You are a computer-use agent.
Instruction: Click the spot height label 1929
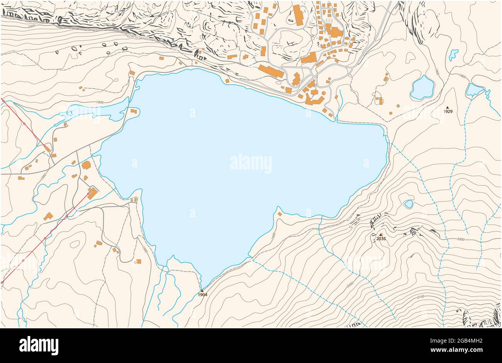448,111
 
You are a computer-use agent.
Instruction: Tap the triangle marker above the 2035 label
380,234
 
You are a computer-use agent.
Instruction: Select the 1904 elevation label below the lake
202,295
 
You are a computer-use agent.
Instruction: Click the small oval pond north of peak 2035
408,203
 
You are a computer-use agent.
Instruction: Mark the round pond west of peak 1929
422,87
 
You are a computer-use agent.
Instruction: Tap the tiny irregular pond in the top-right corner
453,54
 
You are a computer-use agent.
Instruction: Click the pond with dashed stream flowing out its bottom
473,90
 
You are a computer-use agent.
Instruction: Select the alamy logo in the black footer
39,345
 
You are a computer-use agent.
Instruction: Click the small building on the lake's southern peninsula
279,214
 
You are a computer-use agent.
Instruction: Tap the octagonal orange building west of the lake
86,165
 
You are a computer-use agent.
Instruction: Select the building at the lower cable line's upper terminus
92,193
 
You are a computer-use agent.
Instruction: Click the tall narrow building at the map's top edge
298,15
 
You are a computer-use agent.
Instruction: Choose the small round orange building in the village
324,93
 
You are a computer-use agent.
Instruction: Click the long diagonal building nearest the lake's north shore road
271,71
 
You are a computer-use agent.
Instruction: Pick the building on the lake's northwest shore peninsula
134,111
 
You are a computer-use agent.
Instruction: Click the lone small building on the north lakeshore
227,81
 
